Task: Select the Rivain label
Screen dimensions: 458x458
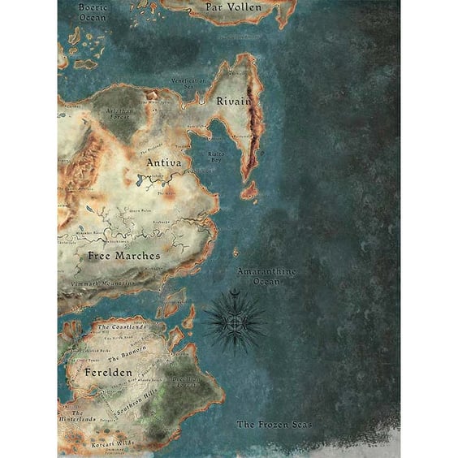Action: [x=232, y=100]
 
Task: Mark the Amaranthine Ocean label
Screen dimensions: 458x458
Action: [x=266, y=276]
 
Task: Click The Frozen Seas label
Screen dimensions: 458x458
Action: [x=274, y=424]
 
